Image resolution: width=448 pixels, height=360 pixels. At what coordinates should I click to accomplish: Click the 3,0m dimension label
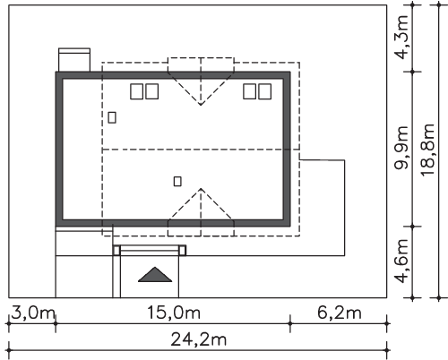[x=33, y=313]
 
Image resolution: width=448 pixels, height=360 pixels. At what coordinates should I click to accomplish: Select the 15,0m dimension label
[x=174, y=313]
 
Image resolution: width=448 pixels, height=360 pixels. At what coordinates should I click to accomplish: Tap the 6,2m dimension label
[x=340, y=313]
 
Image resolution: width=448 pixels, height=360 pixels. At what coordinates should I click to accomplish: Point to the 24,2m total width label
[x=199, y=339]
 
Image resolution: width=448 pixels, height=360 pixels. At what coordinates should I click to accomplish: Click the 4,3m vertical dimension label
[x=401, y=37]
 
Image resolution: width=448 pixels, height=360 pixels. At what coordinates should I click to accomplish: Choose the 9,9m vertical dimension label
[x=401, y=148]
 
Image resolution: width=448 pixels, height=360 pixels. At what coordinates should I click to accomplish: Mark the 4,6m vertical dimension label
[x=401, y=261]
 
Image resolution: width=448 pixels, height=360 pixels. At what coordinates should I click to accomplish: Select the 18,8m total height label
[x=427, y=150]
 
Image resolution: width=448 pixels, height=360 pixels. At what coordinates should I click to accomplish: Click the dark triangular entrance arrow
[x=155, y=275]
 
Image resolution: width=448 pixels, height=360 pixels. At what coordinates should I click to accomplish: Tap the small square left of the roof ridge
[x=112, y=117]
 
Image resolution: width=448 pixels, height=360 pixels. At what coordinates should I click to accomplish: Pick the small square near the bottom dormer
[x=177, y=181]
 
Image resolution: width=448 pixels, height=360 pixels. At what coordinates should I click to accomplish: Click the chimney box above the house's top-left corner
[x=74, y=60]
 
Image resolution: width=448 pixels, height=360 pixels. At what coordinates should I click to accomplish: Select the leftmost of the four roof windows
[x=136, y=91]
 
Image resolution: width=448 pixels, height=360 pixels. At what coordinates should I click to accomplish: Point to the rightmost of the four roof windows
[x=265, y=91]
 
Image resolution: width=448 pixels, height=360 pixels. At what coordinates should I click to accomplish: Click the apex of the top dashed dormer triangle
[x=201, y=105]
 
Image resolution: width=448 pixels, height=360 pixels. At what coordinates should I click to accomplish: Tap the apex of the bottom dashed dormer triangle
[x=201, y=188]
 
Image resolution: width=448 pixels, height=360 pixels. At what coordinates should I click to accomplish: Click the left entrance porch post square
[x=116, y=251]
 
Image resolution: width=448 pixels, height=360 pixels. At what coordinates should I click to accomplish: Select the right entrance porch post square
[x=182, y=251]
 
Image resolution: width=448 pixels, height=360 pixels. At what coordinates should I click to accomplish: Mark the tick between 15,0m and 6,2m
[x=289, y=323]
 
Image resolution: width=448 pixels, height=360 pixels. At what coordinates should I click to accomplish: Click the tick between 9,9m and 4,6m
[x=412, y=227]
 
